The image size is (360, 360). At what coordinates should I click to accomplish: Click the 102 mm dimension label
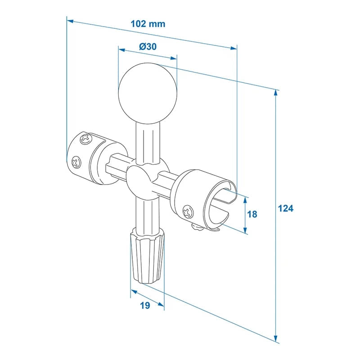[148, 24]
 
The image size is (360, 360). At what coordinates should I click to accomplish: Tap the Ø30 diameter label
[148, 46]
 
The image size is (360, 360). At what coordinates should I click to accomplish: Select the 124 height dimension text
[285, 208]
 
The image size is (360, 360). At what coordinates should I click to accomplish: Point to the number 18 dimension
[252, 214]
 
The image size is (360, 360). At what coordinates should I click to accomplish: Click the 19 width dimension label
[144, 306]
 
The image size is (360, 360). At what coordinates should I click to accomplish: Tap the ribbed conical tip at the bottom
[148, 257]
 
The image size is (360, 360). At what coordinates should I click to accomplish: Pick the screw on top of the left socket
[85, 139]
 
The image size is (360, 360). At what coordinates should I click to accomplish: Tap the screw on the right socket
[187, 211]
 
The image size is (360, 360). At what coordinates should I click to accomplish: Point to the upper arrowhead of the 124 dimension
[275, 93]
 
